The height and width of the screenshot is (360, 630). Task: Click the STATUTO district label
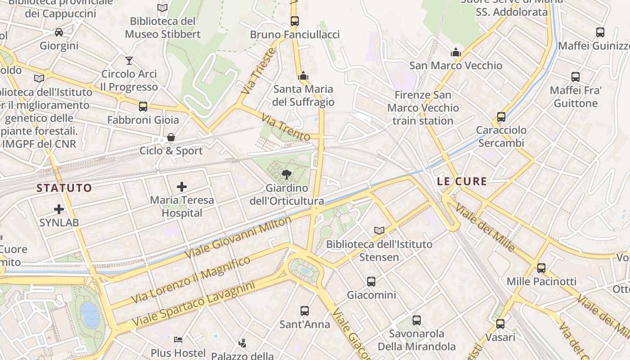pyautogui.click(x=64, y=188)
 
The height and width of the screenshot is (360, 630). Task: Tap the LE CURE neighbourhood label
pyautogui.click(x=462, y=181)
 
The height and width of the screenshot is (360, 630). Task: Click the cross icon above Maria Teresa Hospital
pyautogui.click(x=182, y=186)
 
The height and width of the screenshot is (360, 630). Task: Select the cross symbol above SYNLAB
pyautogui.click(x=59, y=209)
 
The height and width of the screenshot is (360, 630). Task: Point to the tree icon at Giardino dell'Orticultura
pyautogui.click(x=286, y=175)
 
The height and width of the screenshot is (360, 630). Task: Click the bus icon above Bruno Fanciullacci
pyautogui.click(x=295, y=21)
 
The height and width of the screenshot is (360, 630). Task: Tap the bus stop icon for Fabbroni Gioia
pyautogui.click(x=143, y=107)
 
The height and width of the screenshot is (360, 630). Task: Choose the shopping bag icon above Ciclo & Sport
pyautogui.click(x=171, y=137)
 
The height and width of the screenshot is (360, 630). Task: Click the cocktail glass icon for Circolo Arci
pyautogui.click(x=129, y=60)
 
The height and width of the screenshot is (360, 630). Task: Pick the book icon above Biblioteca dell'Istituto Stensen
pyautogui.click(x=379, y=231)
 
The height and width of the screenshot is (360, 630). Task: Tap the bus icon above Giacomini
pyautogui.click(x=371, y=282)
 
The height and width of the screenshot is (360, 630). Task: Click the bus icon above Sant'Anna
pyautogui.click(x=305, y=311)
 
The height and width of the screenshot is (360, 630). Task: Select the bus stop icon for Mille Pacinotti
pyautogui.click(x=541, y=268)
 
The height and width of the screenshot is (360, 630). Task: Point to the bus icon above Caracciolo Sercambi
pyautogui.click(x=501, y=117)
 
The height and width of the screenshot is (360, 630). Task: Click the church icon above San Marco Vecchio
pyautogui.click(x=456, y=52)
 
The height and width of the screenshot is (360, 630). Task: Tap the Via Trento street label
pyautogui.click(x=286, y=127)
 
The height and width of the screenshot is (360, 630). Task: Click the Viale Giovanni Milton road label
pyautogui.click(x=238, y=237)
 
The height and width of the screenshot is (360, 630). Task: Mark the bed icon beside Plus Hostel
pyautogui.click(x=179, y=339)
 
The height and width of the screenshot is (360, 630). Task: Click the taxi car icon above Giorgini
pyautogui.click(x=59, y=32)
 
